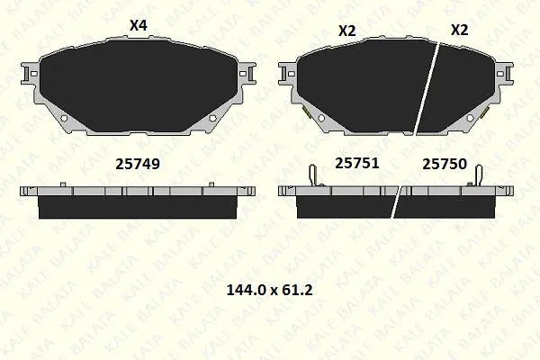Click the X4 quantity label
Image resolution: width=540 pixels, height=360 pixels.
click(139, 26)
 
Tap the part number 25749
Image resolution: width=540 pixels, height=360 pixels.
click(138, 164)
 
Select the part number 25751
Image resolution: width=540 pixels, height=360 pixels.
click(357, 163)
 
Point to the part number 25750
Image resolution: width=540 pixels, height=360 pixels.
click(445, 164)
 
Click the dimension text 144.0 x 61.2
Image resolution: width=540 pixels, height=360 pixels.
click(270, 290)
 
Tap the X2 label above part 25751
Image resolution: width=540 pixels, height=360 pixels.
click(347, 31)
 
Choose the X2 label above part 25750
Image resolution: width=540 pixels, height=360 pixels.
click(460, 30)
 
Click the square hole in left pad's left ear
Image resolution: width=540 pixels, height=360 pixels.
click(34, 74)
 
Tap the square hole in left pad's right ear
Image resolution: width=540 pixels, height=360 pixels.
click(242, 74)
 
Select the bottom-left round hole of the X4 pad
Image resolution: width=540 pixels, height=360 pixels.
click(64, 118)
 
